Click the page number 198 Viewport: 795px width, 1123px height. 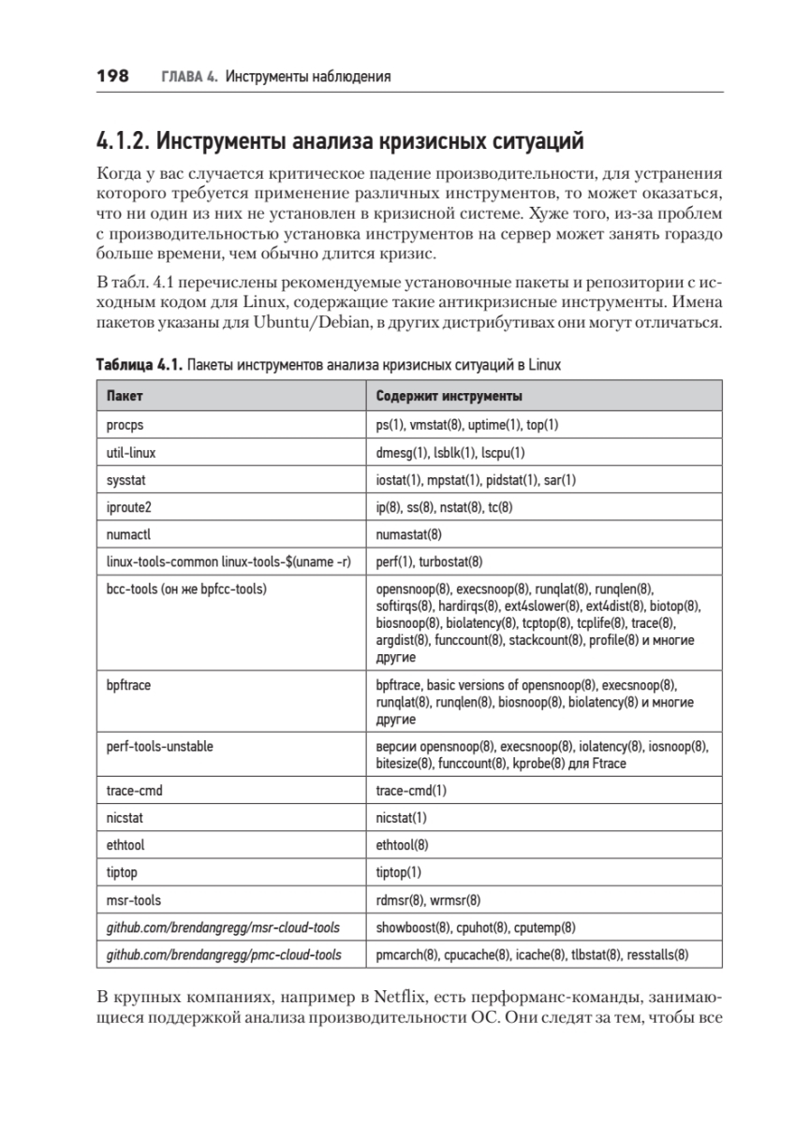(x=112, y=76)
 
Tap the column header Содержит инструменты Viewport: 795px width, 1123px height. (x=449, y=396)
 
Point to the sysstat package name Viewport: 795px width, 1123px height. (x=127, y=479)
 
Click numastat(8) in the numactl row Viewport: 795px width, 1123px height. (x=408, y=534)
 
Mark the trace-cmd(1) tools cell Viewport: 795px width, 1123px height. (x=411, y=791)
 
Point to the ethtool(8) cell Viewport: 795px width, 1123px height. (x=402, y=845)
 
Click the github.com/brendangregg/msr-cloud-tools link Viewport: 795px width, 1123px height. (x=223, y=927)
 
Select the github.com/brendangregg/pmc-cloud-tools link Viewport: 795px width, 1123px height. (x=223, y=955)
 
